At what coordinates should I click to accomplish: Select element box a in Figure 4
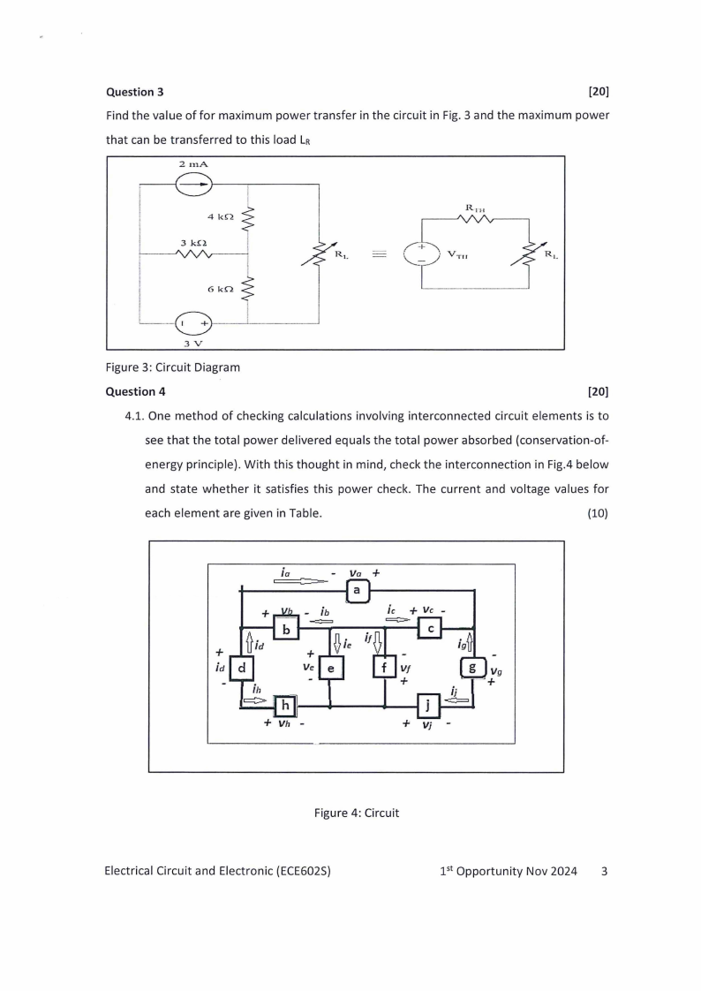[x=357, y=590]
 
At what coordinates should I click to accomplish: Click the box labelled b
[x=287, y=629]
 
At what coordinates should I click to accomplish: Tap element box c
[x=430, y=628]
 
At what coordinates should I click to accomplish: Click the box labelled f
[x=385, y=669]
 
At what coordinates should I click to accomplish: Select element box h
[x=286, y=706]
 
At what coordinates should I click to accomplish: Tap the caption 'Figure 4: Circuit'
[x=357, y=813]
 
